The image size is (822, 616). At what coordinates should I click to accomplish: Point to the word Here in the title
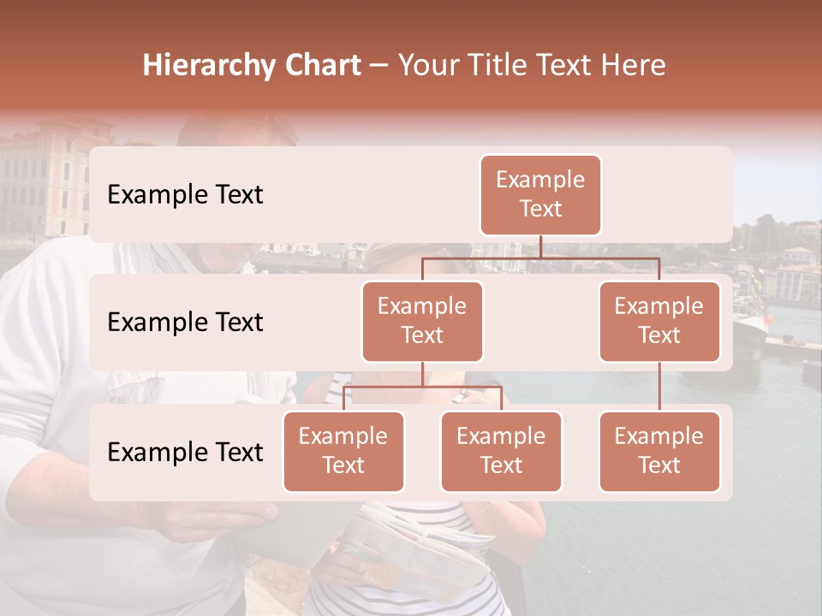634,66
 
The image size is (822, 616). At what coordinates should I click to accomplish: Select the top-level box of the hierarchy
540,194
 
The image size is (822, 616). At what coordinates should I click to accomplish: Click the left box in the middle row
422,321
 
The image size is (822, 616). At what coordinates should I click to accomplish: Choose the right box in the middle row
659,321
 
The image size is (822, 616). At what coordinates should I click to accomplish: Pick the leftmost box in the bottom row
343,451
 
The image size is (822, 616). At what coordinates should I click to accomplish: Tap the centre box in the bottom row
501,451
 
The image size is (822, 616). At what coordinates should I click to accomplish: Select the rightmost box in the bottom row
659,451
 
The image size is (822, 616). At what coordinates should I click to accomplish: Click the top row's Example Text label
185,195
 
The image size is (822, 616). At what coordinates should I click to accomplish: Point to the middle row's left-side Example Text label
185,323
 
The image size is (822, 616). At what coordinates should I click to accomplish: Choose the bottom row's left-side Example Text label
185,453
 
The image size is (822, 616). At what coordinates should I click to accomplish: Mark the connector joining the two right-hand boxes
659,387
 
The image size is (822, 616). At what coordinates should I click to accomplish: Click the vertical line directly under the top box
540,246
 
